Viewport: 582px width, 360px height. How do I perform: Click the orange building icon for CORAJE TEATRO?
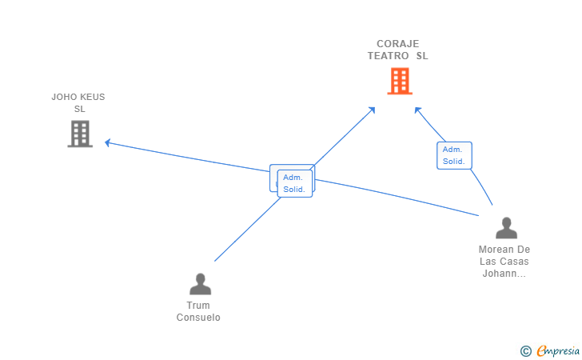coord(400,81)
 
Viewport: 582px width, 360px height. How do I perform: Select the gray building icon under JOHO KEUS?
coord(80,134)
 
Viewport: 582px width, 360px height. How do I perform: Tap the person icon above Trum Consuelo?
coord(201,284)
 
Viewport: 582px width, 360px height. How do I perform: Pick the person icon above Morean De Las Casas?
coord(506,228)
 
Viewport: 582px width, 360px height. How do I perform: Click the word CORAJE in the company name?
coord(398,44)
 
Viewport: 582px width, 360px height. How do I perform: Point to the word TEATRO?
coord(389,56)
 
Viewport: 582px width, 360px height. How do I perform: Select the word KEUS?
coord(90,97)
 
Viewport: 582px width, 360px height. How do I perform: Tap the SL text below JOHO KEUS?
coord(79,109)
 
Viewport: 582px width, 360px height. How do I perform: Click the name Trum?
coord(198,306)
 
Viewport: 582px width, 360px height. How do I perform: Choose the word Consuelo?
coord(198,318)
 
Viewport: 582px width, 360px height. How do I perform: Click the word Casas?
coord(516,261)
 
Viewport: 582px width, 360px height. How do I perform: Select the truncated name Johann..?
coord(504,274)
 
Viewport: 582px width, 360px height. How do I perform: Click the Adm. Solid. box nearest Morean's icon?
coord(454,155)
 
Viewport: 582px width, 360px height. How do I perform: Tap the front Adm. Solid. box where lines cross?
coord(295,183)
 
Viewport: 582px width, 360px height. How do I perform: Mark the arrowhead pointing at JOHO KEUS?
coord(108,142)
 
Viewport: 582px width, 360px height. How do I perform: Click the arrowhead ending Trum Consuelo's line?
coord(371,110)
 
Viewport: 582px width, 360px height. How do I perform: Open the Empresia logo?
coord(558,350)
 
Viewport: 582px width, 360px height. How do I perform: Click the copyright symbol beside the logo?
coord(525,351)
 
